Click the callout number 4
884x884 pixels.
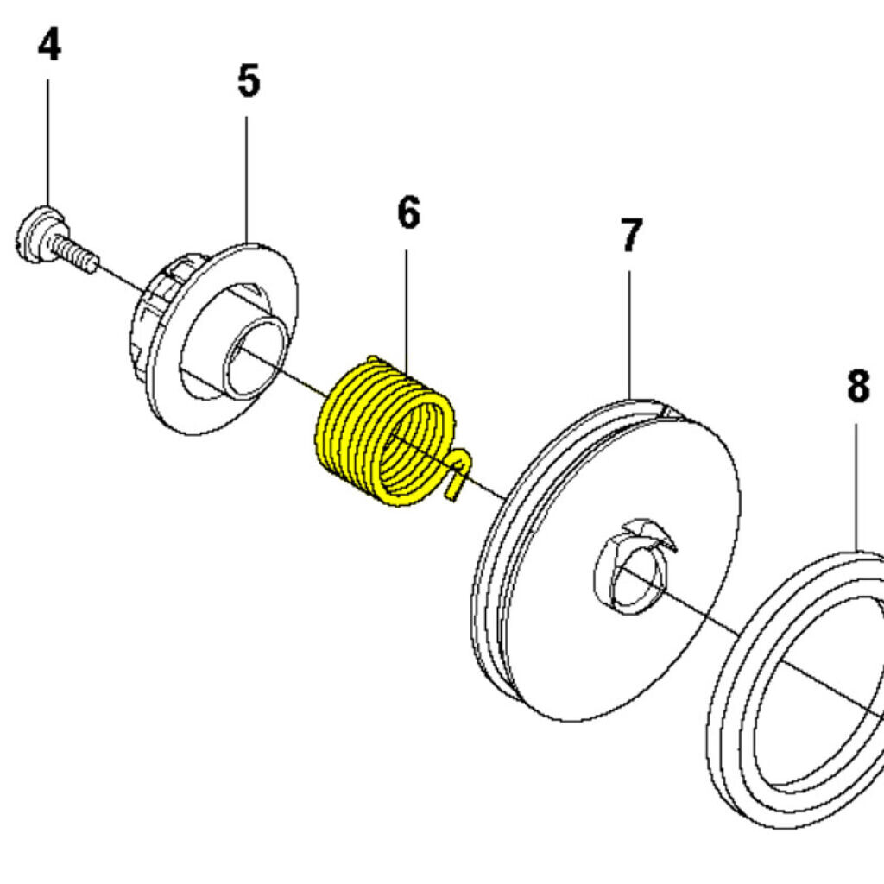[x=49, y=46]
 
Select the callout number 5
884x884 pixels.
[x=248, y=81]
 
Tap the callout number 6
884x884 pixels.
[x=408, y=212]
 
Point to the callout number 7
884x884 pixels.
[x=631, y=237]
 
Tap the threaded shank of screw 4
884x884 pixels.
[x=76, y=254]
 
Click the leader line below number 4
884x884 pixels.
[x=48, y=138]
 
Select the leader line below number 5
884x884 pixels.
[x=247, y=173]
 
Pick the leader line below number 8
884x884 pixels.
[x=856, y=483]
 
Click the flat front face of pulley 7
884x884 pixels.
[x=656, y=656]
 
